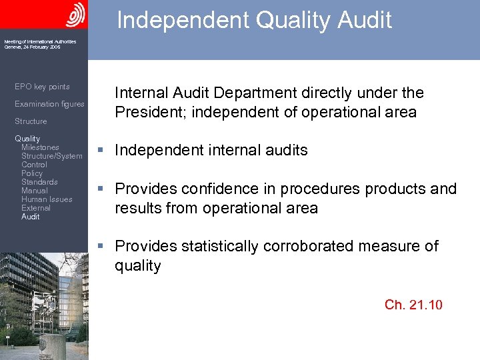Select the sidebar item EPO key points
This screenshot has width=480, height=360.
42,87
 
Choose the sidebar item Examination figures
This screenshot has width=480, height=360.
49,104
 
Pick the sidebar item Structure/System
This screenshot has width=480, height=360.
52,156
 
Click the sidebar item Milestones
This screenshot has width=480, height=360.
40,147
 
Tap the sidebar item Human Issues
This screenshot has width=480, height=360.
47,199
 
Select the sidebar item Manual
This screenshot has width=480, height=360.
35,191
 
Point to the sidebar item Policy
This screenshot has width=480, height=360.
32,173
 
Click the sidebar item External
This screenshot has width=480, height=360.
36,208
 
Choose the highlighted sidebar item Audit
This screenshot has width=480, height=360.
31,217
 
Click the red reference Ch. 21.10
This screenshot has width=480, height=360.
413,305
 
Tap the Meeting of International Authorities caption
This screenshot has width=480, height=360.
40,42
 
